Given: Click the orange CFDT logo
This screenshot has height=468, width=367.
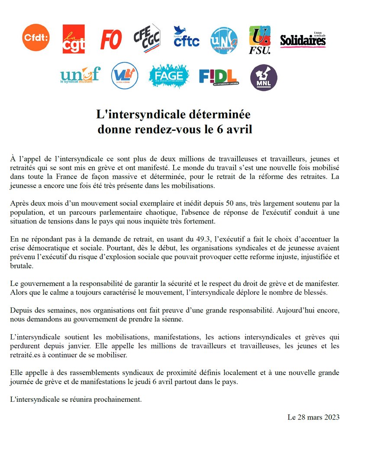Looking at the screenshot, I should coord(36,38).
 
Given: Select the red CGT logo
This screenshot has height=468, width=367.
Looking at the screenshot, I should coord(74,39).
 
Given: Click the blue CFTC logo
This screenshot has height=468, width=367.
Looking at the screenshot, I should coord(186,37).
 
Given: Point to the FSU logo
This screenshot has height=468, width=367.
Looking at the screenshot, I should coord(260,40).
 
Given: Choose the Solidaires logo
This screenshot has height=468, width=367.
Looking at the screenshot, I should coord(303,40).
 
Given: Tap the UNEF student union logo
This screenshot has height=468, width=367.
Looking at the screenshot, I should coord(80,75).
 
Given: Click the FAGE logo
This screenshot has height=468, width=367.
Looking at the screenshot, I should coord(168,76).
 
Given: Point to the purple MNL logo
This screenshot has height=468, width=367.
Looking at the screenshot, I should coord(264,77).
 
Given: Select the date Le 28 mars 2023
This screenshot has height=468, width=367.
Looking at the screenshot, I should coord(313,417).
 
